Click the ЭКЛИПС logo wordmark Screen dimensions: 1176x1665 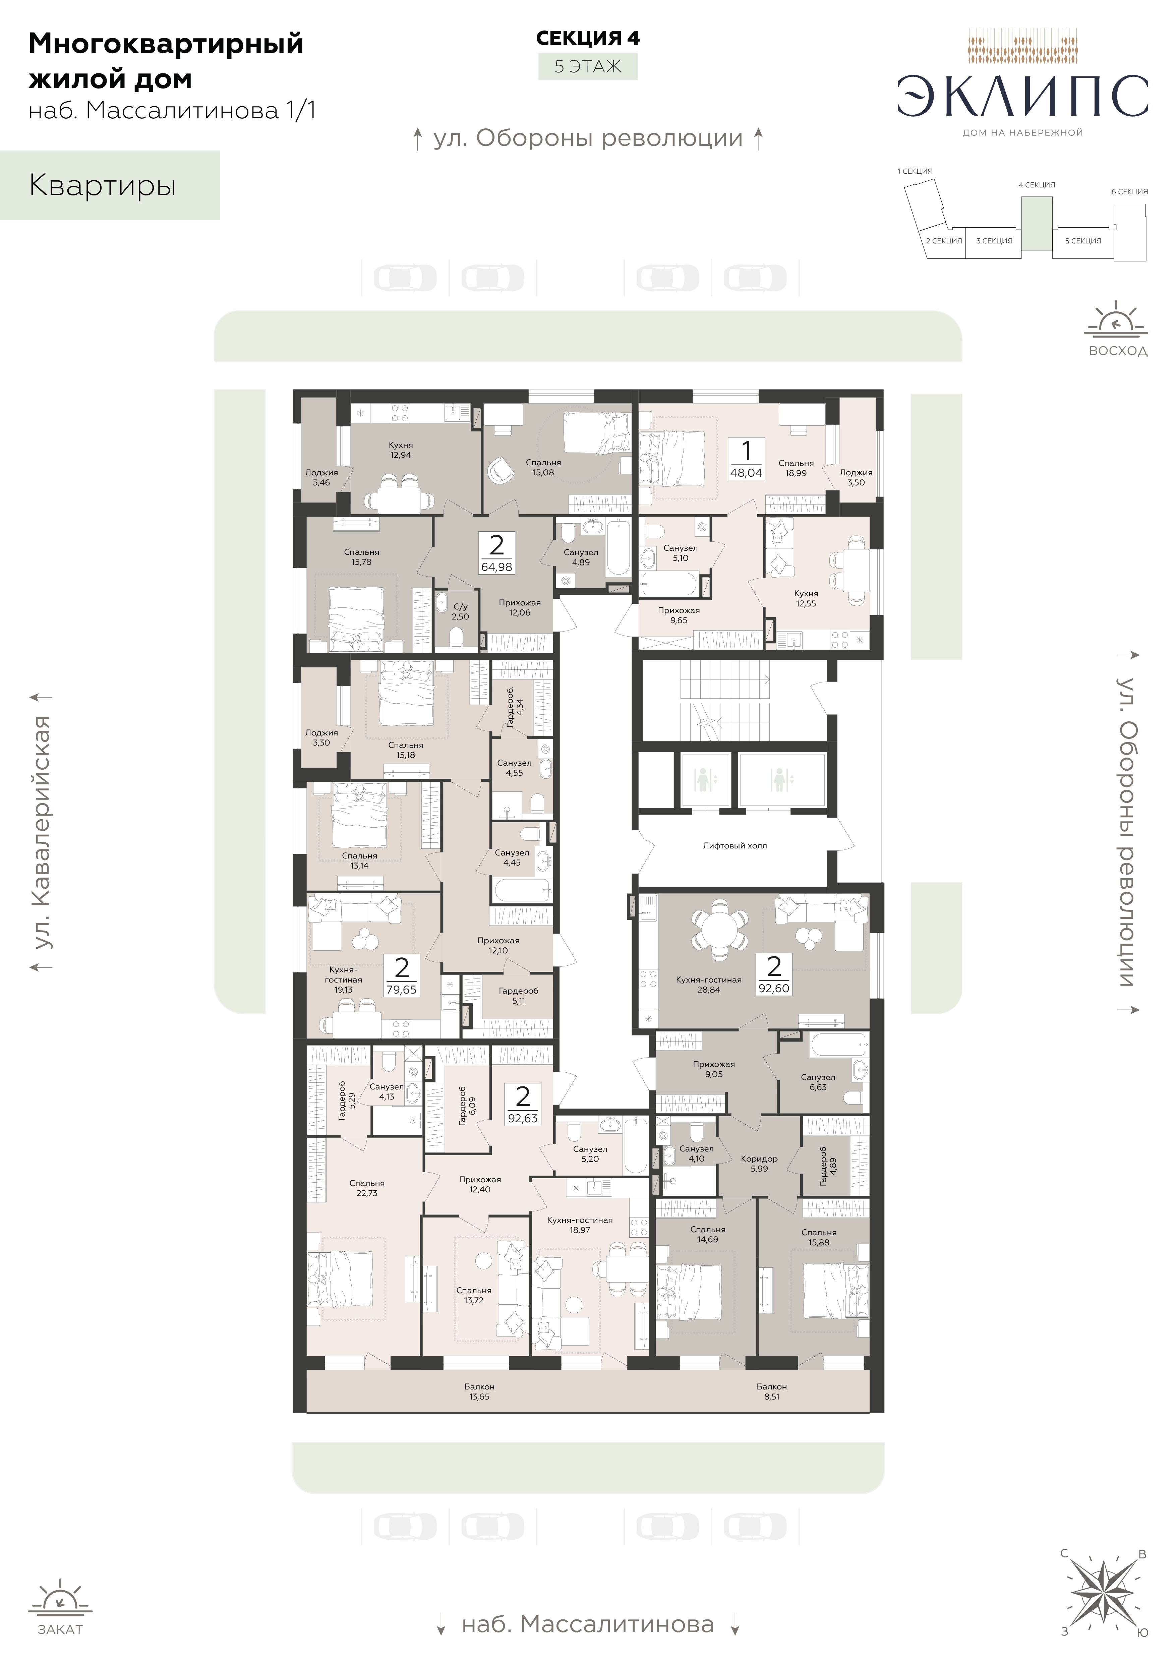pyautogui.click(x=1022, y=97)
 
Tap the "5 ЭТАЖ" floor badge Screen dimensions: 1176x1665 pyautogui.click(x=588, y=67)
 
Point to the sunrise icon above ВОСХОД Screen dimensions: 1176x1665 pyautogui.click(x=1117, y=319)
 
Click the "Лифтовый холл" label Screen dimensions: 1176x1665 pyautogui.click(x=734, y=845)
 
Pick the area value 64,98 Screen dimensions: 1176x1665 pyautogui.click(x=496, y=567)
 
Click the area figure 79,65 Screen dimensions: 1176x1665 pyautogui.click(x=402, y=989)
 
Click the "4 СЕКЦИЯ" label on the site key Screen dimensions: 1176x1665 pyautogui.click(x=1037, y=185)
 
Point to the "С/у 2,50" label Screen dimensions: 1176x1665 pyautogui.click(x=460, y=611)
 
